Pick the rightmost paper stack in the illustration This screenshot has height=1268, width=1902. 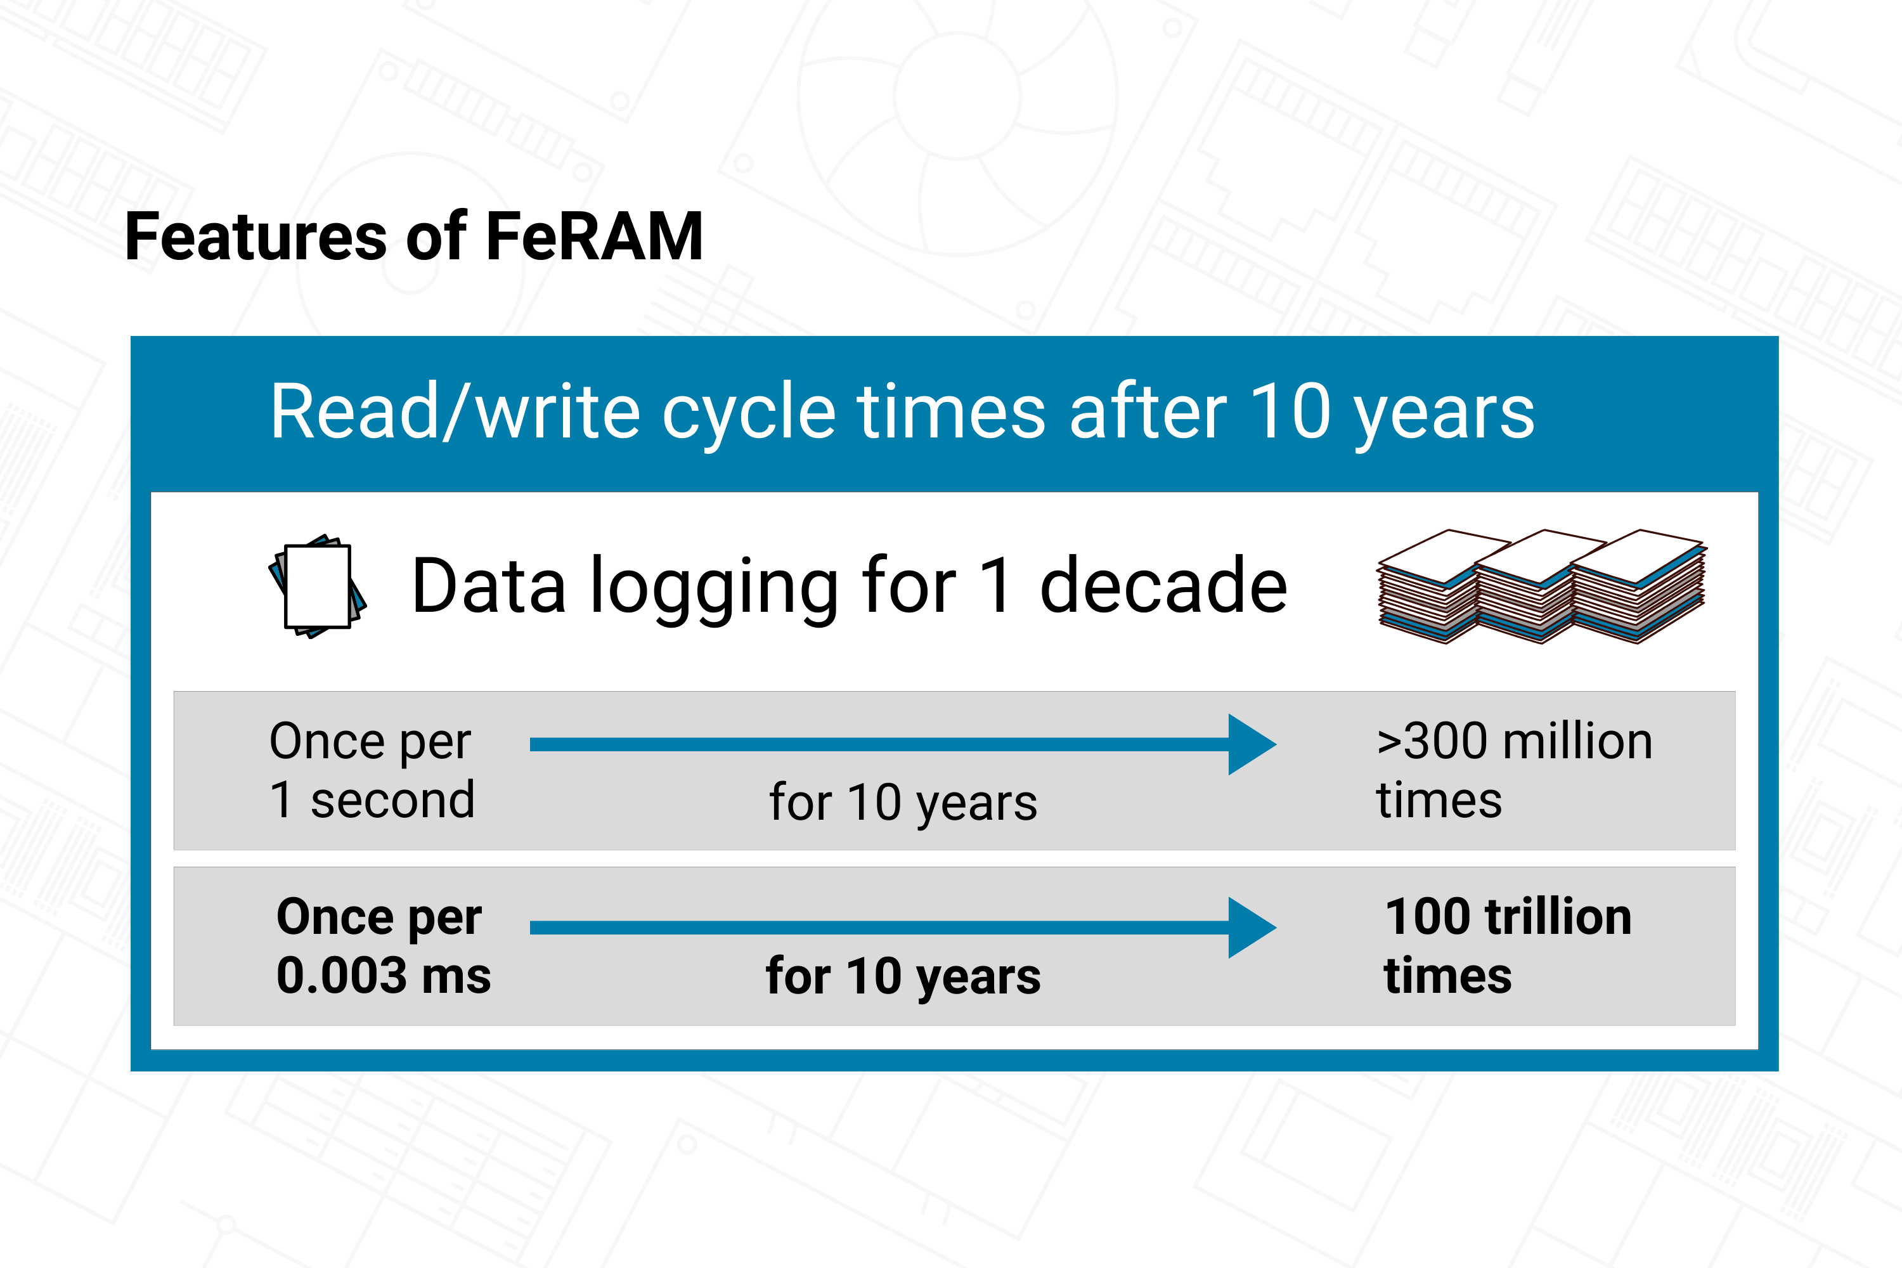coord(1638,586)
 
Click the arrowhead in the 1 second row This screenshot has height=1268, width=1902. coord(1252,744)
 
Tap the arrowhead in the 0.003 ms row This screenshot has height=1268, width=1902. coord(1252,928)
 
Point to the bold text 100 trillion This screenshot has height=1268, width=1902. coord(1508,916)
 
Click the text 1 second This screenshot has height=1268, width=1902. coord(372,799)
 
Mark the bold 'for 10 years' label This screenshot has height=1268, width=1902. coord(903,976)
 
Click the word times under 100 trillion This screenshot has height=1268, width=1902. coord(1447,975)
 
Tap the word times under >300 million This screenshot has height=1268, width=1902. coord(1439,801)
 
